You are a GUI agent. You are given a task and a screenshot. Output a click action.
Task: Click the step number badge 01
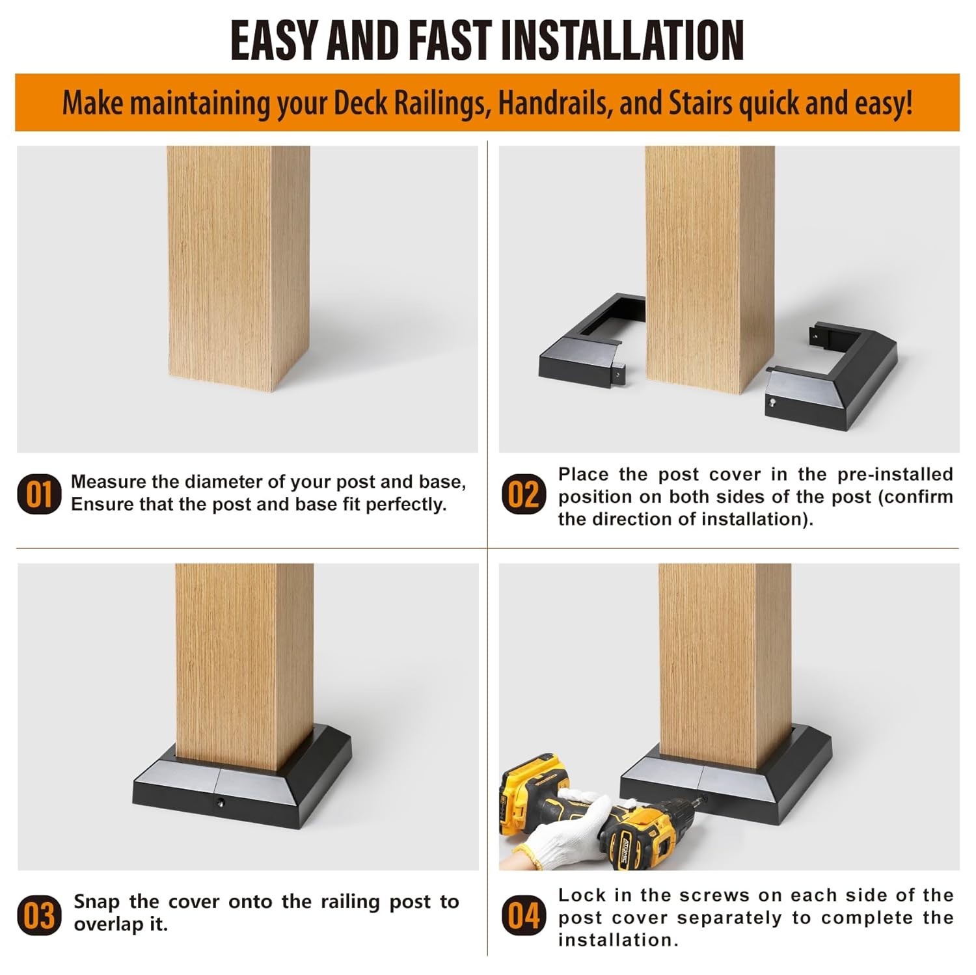click(x=39, y=494)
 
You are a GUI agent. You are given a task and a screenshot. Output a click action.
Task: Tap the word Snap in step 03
click(x=96, y=903)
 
